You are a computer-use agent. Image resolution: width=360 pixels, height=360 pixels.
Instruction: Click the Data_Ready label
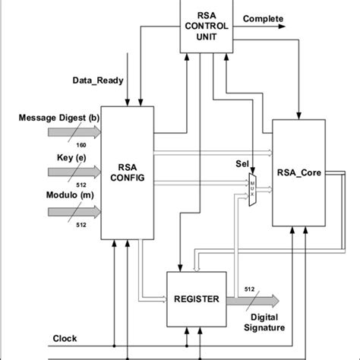coord(99,79)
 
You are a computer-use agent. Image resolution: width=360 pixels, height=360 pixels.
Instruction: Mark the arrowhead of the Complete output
coord(283,26)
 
